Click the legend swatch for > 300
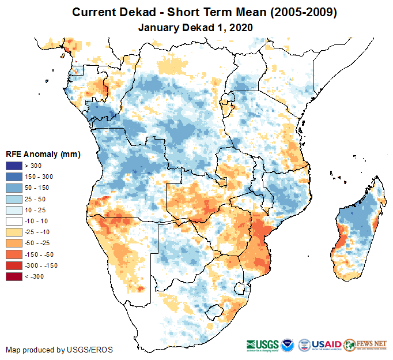tap(14, 166)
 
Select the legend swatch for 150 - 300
tap(14, 177)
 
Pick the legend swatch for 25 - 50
tap(14, 199)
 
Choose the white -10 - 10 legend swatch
tap(14, 221)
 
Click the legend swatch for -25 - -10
tap(14, 232)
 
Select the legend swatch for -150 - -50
tap(14, 254)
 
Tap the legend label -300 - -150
tap(41, 265)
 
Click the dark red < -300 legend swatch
tap(14, 276)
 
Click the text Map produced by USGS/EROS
tap(59, 350)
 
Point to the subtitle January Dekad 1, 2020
tap(196, 27)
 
